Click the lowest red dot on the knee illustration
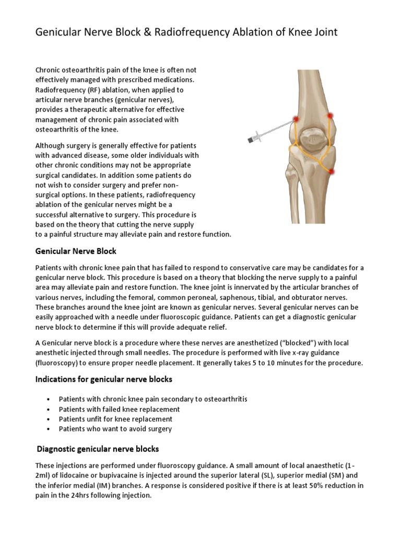(332, 171)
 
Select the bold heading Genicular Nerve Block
(76, 251)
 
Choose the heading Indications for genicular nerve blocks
(103, 379)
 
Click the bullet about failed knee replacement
(119, 409)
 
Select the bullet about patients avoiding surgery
(115, 429)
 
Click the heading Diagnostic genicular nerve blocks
(98, 449)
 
